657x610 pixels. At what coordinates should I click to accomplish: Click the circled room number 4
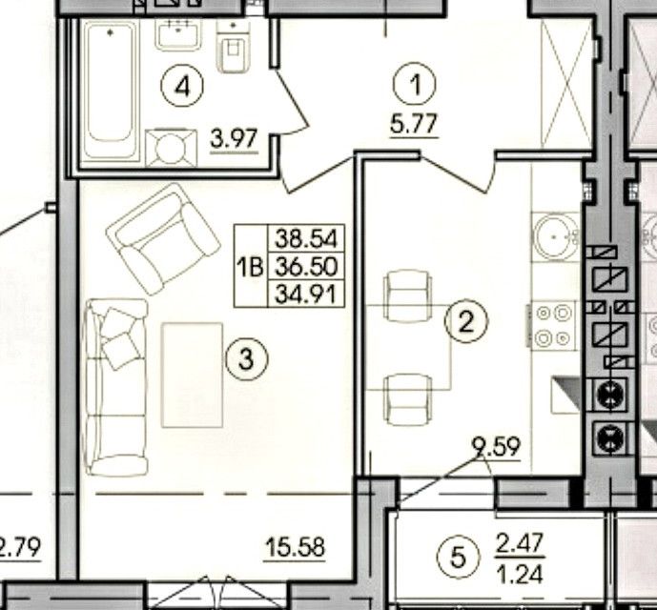point(182,86)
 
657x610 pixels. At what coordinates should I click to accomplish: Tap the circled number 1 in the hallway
point(415,85)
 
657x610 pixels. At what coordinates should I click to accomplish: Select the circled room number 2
point(466,321)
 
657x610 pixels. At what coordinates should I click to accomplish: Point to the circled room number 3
point(246,359)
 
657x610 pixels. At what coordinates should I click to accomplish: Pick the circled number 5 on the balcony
point(458,557)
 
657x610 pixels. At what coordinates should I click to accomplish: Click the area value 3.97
point(234,139)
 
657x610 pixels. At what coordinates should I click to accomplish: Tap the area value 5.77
point(414,124)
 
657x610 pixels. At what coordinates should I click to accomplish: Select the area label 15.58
point(296,547)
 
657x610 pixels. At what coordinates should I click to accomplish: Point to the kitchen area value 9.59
point(496,447)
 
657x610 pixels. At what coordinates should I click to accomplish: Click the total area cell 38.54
point(306,239)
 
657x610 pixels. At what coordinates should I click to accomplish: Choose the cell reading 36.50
point(306,266)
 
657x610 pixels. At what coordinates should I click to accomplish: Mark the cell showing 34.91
point(306,294)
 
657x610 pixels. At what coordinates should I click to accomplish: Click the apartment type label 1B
point(251,267)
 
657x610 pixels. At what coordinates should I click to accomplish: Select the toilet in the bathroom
point(234,45)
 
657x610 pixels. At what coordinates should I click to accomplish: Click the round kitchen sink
point(555,236)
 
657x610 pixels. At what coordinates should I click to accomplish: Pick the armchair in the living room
point(163,238)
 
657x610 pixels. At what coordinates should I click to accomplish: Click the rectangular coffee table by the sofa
point(193,375)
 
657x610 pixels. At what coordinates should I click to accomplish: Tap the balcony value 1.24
point(520,574)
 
